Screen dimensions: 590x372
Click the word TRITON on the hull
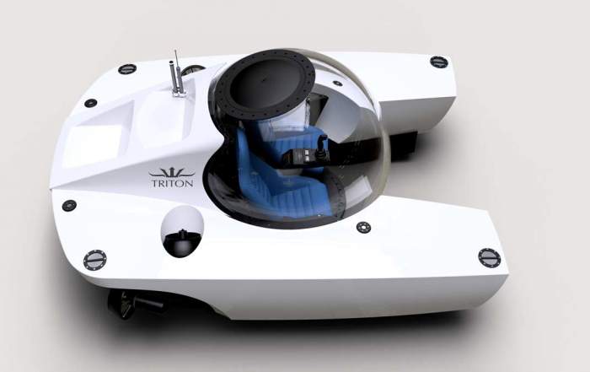point(172,183)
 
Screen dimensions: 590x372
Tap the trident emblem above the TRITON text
point(172,173)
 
